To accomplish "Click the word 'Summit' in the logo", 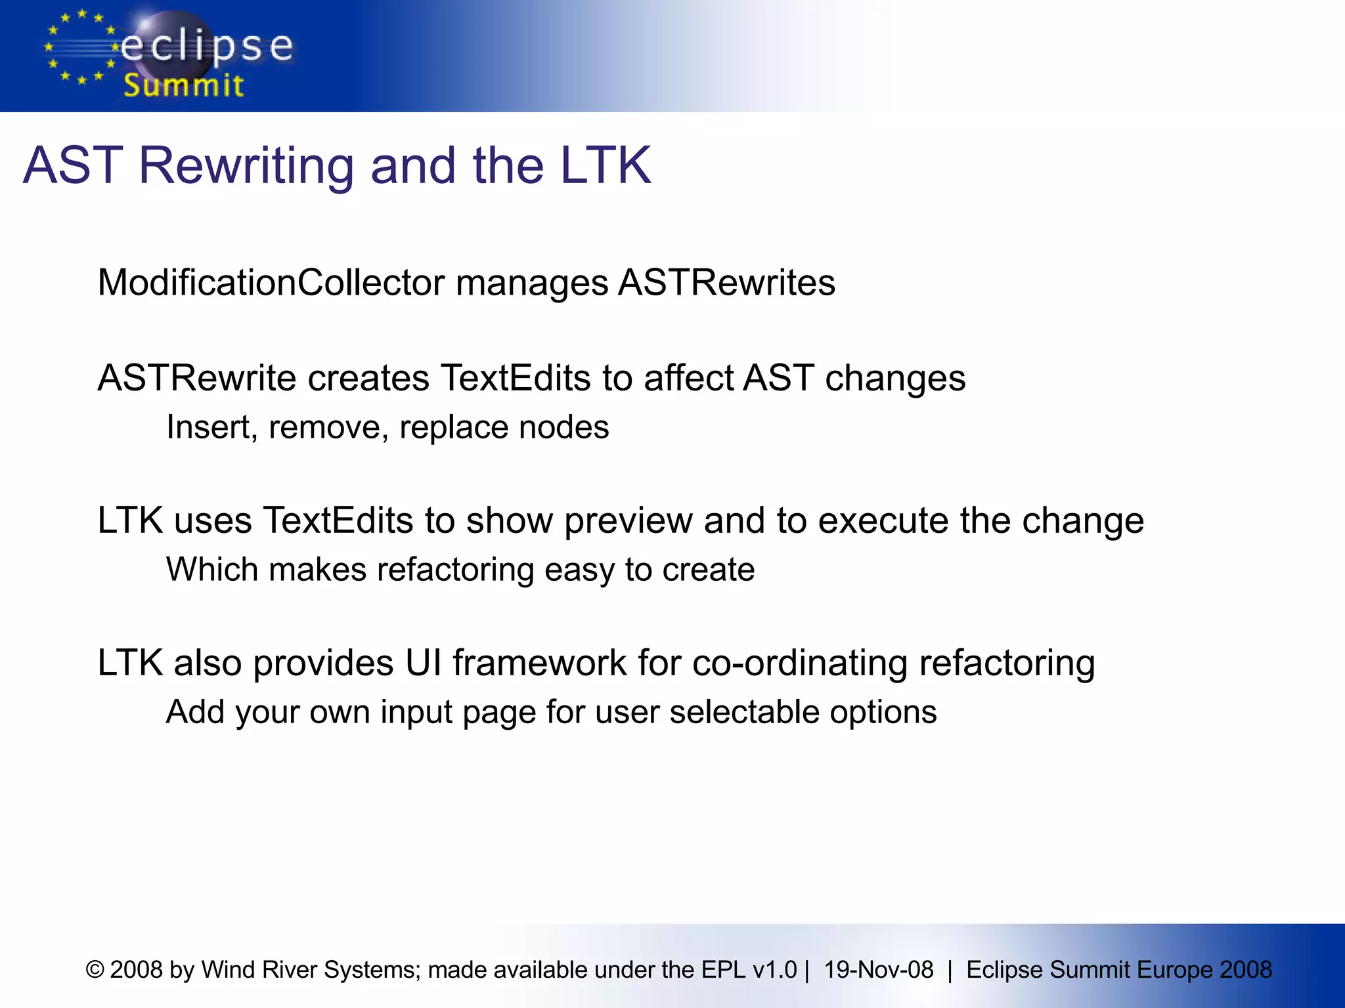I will [x=183, y=85].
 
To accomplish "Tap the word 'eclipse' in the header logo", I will [x=207, y=47].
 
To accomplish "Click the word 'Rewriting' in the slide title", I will [x=247, y=165].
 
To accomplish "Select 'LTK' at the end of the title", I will [x=605, y=165].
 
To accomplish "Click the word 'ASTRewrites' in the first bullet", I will [x=726, y=283].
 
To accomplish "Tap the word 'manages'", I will [x=532, y=284].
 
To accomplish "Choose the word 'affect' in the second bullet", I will [x=688, y=378].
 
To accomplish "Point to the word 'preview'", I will [x=628, y=522].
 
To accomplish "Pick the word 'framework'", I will [x=539, y=663].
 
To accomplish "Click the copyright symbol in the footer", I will [x=95, y=970].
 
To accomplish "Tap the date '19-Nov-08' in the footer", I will [x=878, y=970].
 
